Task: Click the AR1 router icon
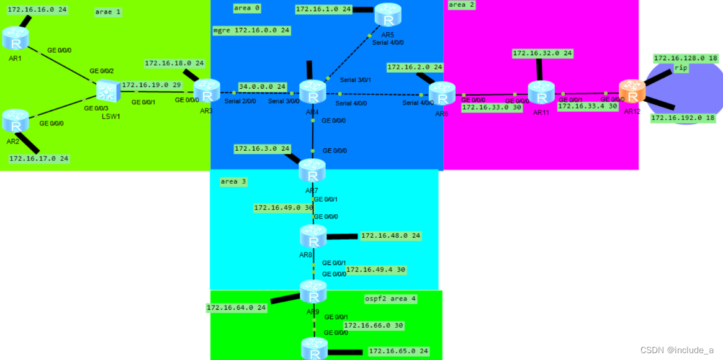[x=16, y=39]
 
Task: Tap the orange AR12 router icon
[x=632, y=92]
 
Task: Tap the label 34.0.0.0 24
[x=262, y=86]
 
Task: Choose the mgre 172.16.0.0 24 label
[x=251, y=30]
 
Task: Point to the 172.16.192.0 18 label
[x=683, y=118]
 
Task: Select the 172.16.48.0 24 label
[x=390, y=236]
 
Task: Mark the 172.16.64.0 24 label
[x=236, y=307]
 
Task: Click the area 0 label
[x=247, y=8]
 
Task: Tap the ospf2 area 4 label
[x=390, y=299]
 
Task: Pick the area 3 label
[x=233, y=181]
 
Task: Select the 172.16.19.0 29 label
[x=151, y=85]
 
